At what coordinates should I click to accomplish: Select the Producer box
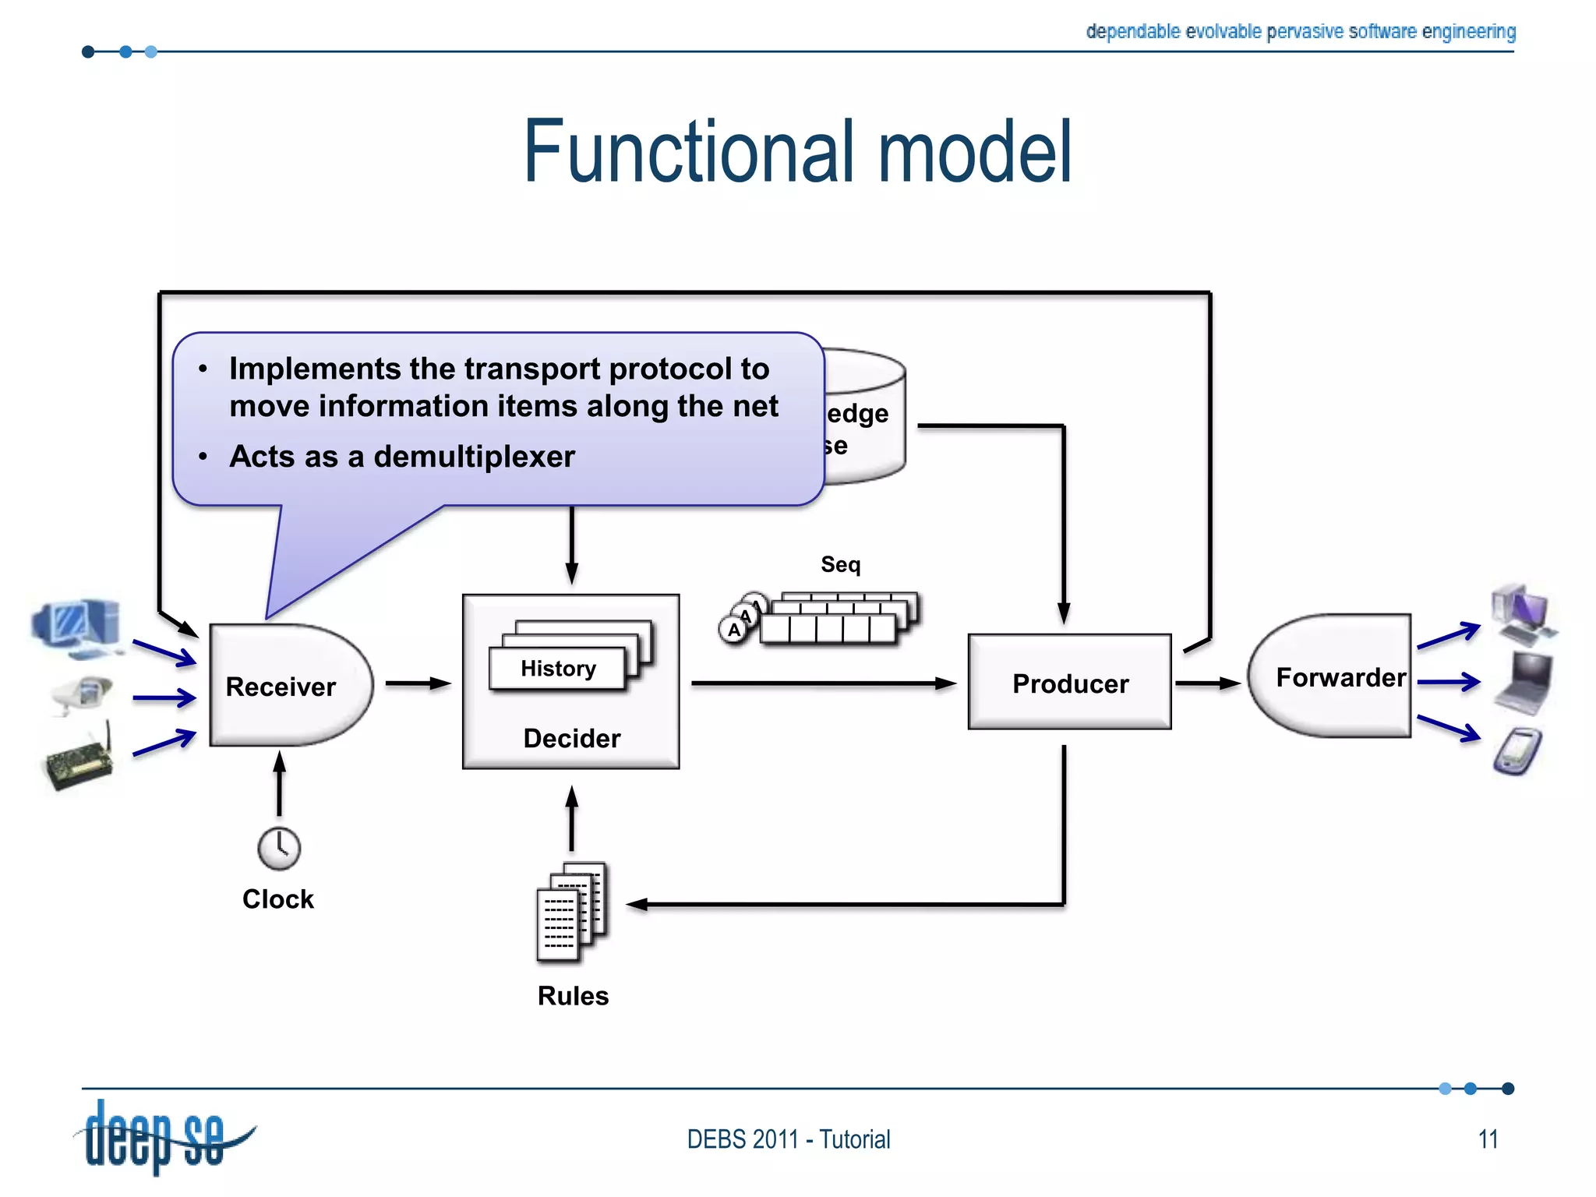pos(1069,683)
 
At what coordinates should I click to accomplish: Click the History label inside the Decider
pos(558,669)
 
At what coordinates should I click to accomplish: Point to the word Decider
pos(571,738)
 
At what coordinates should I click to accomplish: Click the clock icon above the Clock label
pos(279,848)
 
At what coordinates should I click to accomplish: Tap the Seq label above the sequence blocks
pos(840,564)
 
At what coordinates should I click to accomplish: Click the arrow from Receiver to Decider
pos(418,683)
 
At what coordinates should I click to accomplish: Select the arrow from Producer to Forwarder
pos(1207,683)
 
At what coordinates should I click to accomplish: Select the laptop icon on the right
pos(1524,683)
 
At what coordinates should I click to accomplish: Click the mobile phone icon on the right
pos(1518,751)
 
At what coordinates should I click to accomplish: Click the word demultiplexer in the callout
pos(474,457)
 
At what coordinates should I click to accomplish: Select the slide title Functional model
pos(797,152)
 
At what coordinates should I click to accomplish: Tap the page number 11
pos(1488,1139)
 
